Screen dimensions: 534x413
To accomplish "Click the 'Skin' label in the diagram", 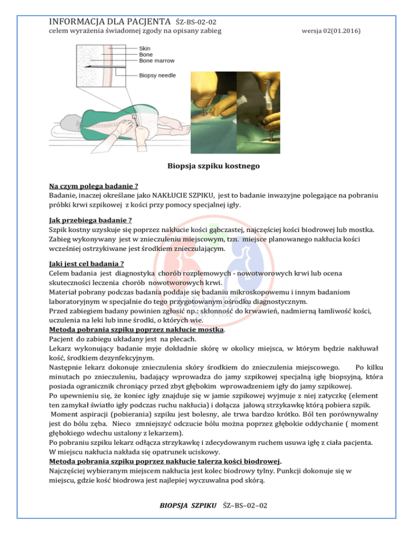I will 145,47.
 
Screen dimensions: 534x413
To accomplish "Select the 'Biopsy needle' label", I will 158,75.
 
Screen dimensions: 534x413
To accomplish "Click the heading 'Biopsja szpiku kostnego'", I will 206,167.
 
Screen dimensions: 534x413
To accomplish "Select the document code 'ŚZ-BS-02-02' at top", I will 196,22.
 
